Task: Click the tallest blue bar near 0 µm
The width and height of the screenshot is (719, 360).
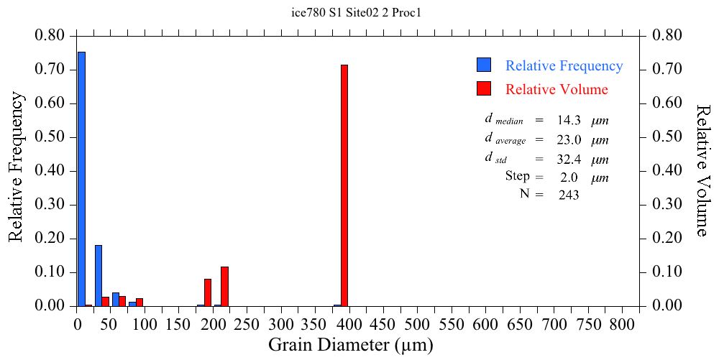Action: [x=81, y=179]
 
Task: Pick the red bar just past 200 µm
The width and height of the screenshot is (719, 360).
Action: [x=224, y=286]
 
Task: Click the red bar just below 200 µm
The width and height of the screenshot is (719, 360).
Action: [x=208, y=292]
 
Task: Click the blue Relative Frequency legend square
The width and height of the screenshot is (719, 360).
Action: [x=484, y=65]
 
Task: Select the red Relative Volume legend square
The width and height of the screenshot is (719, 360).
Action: [x=484, y=89]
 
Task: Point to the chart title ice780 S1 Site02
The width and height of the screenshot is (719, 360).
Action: [x=359, y=12]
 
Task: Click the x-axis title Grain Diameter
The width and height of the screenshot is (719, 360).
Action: [x=351, y=345]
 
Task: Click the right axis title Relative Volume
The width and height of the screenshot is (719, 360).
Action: [x=703, y=170]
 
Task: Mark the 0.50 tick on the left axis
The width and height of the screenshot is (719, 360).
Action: [x=50, y=137]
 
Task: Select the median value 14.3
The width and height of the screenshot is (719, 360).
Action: [x=569, y=121]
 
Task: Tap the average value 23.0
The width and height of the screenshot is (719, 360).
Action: [x=569, y=139]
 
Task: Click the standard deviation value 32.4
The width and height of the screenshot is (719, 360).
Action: [x=569, y=158]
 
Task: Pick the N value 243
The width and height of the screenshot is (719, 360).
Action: [x=569, y=195]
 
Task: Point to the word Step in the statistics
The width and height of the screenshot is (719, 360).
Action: [x=518, y=176]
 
